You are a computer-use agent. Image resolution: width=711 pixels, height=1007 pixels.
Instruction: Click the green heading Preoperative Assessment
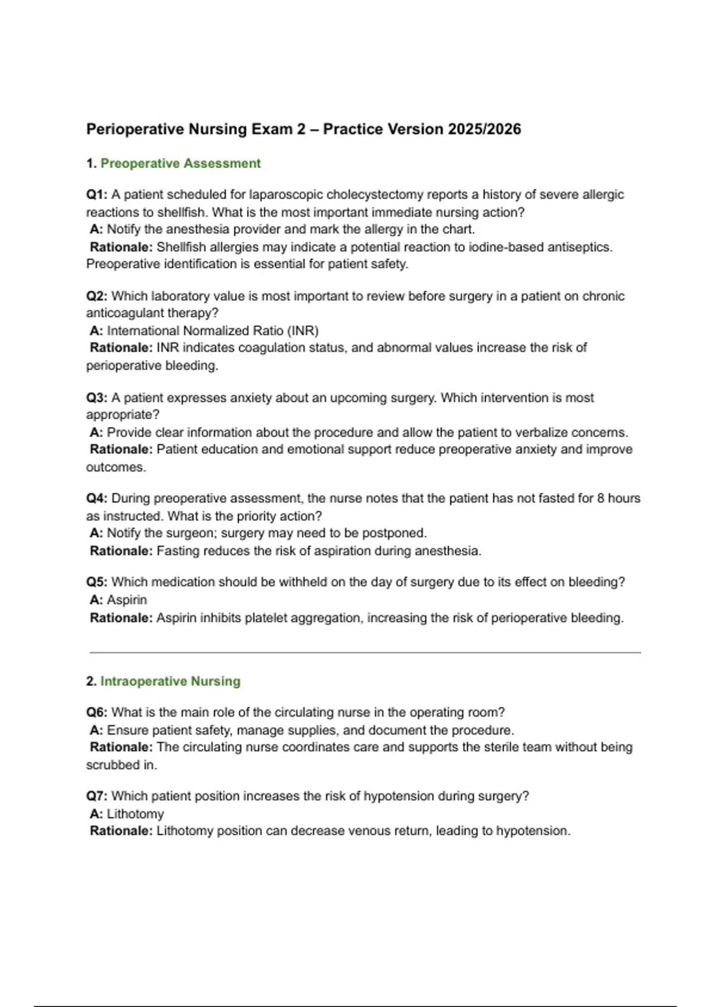coord(180,163)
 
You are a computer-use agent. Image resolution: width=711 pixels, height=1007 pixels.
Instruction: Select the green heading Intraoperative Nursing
coord(170,681)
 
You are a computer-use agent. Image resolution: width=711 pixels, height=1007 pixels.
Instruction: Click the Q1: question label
coord(97,195)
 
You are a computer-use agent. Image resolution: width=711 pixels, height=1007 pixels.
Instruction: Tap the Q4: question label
coord(97,499)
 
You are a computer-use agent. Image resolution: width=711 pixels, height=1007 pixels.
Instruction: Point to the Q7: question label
coord(97,796)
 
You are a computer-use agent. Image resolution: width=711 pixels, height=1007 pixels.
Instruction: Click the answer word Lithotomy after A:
coord(135,814)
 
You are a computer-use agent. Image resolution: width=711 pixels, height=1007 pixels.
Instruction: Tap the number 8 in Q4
coord(600,499)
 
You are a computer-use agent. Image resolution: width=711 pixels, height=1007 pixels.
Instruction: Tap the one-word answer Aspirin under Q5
coord(127,600)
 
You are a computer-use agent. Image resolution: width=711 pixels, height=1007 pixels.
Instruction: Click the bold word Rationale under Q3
coord(121,450)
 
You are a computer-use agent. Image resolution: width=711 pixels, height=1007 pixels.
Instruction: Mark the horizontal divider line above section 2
coord(365,653)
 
